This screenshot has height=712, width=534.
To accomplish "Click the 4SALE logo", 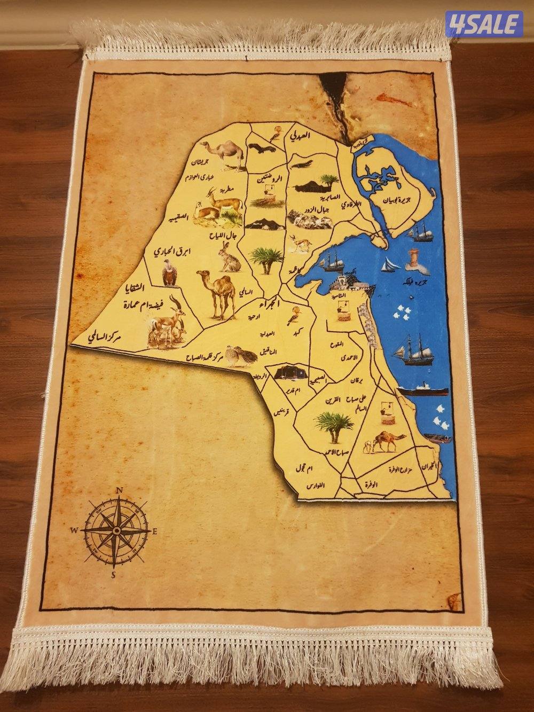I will click(484, 23).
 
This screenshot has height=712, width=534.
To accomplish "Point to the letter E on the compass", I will click(154, 531).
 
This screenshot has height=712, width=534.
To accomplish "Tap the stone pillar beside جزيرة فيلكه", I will click(412, 257).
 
